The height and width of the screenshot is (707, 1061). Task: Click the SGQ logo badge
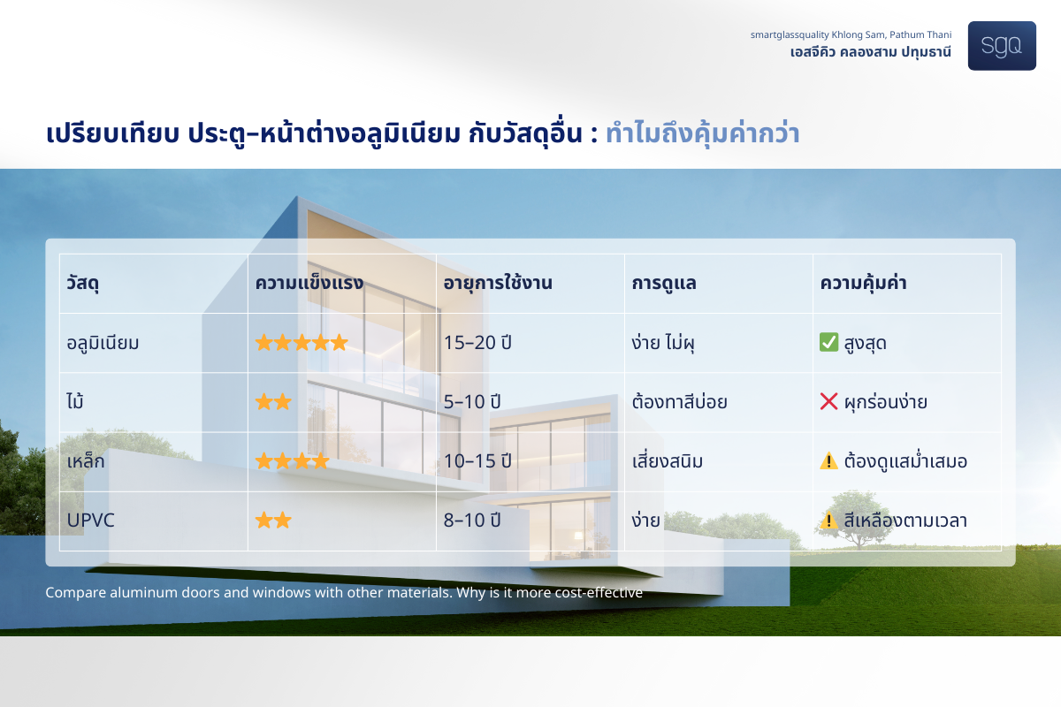click(x=1002, y=46)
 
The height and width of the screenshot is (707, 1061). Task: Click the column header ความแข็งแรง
click(x=309, y=283)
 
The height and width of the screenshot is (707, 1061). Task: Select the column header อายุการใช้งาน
click(x=498, y=283)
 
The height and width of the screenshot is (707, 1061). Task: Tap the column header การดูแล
click(x=664, y=283)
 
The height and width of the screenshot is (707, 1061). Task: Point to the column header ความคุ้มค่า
click(x=863, y=283)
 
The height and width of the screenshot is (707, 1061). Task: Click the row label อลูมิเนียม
click(x=103, y=343)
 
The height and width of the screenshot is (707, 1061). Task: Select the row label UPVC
click(x=90, y=521)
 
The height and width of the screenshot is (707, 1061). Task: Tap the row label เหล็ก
click(x=86, y=460)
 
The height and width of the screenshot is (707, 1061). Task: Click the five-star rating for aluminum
click(x=302, y=342)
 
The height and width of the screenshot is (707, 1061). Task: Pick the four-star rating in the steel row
click(x=293, y=460)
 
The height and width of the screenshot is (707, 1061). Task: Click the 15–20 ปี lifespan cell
click(x=477, y=342)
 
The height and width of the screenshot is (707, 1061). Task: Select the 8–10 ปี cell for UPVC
click(x=472, y=520)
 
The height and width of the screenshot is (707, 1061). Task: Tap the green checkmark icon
click(x=829, y=342)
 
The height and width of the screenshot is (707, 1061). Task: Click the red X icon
click(x=829, y=401)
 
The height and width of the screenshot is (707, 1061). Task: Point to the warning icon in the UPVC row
click(x=829, y=520)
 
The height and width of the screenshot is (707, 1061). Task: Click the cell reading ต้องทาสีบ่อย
click(x=679, y=402)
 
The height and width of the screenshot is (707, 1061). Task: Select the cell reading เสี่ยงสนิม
click(x=668, y=460)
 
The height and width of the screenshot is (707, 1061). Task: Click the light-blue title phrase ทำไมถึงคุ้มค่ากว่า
click(x=702, y=133)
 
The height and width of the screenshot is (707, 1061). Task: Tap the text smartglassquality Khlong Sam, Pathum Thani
click(x=851, y=35)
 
